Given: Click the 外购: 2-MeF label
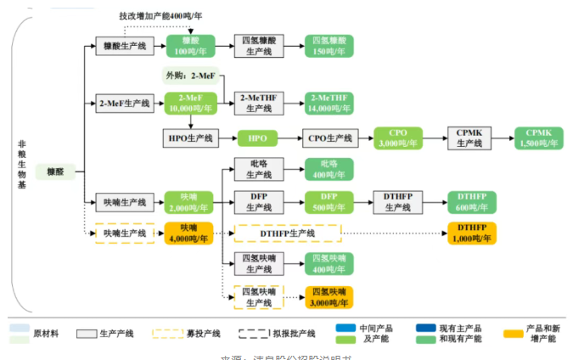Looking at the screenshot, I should (189, 76).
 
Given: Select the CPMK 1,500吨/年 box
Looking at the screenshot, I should (538, 138).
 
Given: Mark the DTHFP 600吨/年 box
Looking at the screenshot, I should (471, 202).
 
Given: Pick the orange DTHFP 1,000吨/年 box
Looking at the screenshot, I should (471, 233).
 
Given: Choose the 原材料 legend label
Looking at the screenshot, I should (47, 334).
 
